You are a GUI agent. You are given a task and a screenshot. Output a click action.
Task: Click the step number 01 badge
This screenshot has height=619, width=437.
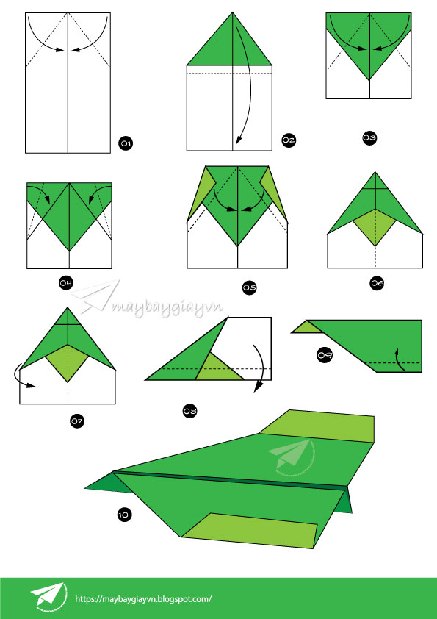126,143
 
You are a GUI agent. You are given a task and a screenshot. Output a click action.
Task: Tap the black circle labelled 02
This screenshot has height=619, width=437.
289,140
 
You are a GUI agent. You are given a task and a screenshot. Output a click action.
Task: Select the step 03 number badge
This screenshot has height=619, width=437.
369,137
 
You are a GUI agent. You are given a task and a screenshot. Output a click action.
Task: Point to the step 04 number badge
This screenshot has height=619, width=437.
66,282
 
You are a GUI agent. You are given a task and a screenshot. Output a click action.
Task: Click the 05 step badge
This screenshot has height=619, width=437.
249,287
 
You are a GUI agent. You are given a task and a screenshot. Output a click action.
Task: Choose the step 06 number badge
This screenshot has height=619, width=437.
377,282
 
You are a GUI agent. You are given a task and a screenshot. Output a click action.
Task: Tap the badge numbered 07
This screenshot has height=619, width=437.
77,421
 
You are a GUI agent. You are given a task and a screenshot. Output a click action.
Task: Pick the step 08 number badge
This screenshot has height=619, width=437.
189,412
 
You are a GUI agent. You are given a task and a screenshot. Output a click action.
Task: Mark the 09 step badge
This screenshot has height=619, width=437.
325,355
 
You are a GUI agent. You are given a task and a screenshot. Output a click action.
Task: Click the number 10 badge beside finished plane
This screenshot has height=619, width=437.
124,515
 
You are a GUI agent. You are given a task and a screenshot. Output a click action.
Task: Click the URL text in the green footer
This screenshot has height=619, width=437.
143,599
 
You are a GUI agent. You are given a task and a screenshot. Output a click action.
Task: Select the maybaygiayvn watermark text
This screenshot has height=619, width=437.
167,306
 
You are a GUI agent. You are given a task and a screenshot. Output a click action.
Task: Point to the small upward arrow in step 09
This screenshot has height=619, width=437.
400,359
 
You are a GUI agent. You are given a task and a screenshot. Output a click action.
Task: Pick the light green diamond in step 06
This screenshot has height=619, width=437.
375,227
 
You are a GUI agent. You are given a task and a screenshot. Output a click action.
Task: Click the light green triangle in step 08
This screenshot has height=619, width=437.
220,367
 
